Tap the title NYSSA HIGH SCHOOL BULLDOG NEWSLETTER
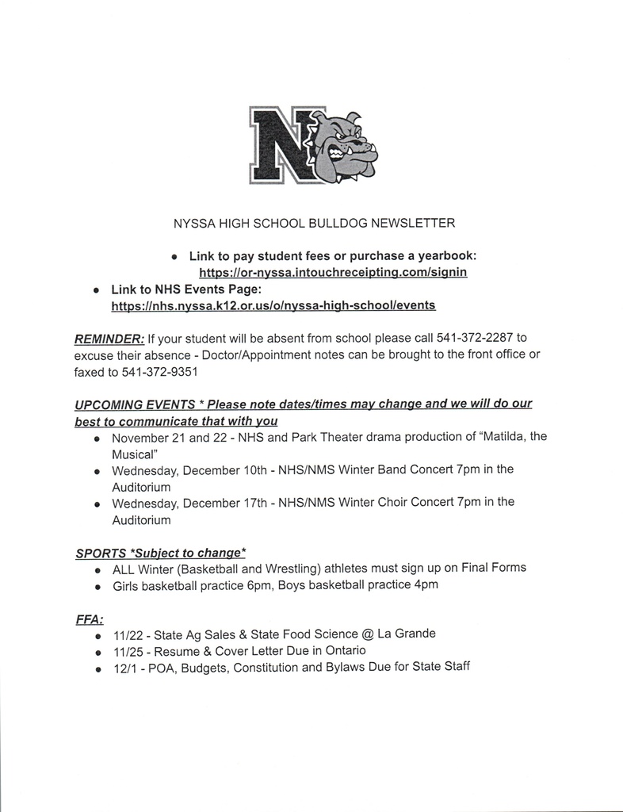point(314,223)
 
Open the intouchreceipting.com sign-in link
point(333,272)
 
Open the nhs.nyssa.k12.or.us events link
point(273,304)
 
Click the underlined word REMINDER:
point(109,339)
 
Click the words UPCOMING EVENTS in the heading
point(135,404)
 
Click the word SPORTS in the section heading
point(100,552)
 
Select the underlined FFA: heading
point(89,619)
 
